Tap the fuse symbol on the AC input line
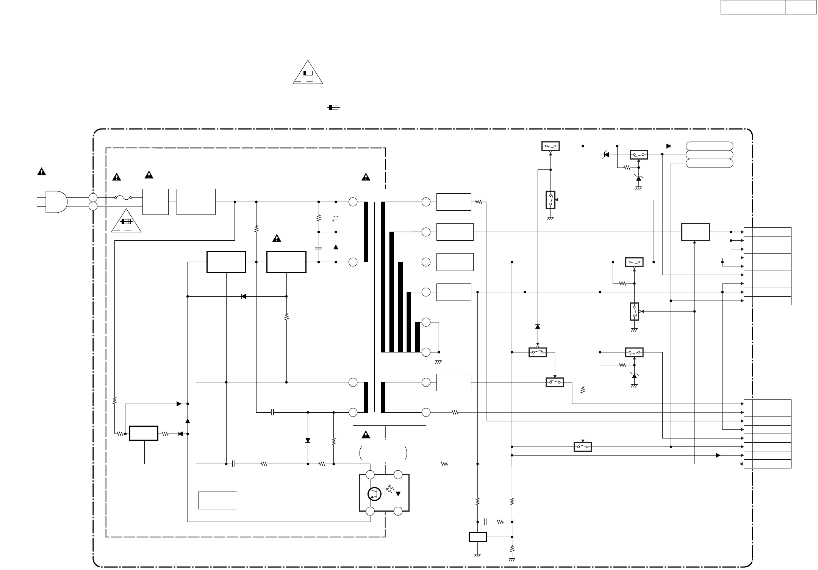[x=123, y=197]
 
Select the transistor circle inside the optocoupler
[x=374, y=494]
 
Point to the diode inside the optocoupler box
[x=398, y=494]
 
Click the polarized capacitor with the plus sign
[x=336, y=219]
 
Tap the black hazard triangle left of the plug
[x=41, y=172]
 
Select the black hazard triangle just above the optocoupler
[x=366, y=435]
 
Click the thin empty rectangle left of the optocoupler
[x=217, y=500]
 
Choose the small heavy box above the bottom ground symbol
[x=477, y=537]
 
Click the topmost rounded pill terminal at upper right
[x=709, y=146]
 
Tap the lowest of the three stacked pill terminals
[x=709, y=163]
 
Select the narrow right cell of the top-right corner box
[x=800, y=7]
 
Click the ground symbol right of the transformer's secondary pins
[x=439, y=362]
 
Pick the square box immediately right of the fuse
[x=155, y=202]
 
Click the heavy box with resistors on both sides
[x=144, y=433]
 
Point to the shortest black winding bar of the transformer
[x=418, y=337]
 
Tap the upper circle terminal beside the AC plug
[x=93, y=197]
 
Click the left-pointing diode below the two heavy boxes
[x=244, y=296]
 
